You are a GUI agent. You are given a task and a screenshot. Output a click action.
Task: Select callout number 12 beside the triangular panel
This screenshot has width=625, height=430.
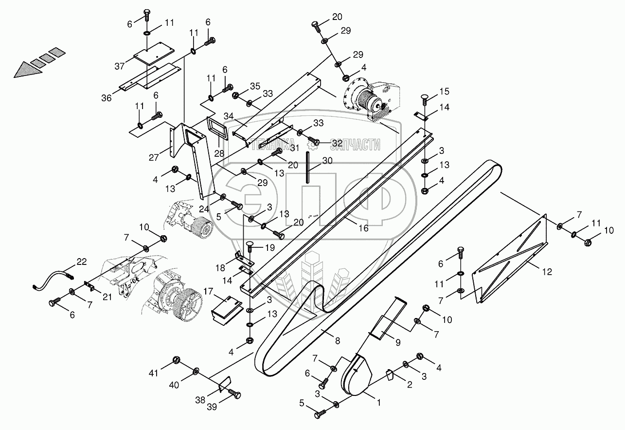click(547, 272)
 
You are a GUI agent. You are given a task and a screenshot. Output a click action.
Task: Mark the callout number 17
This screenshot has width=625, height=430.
click(208, 292)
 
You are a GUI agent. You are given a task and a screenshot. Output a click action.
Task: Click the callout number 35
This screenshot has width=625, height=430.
click(255, 87)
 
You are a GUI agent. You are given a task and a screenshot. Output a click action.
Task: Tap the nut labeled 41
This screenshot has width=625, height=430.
click(177, 362)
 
